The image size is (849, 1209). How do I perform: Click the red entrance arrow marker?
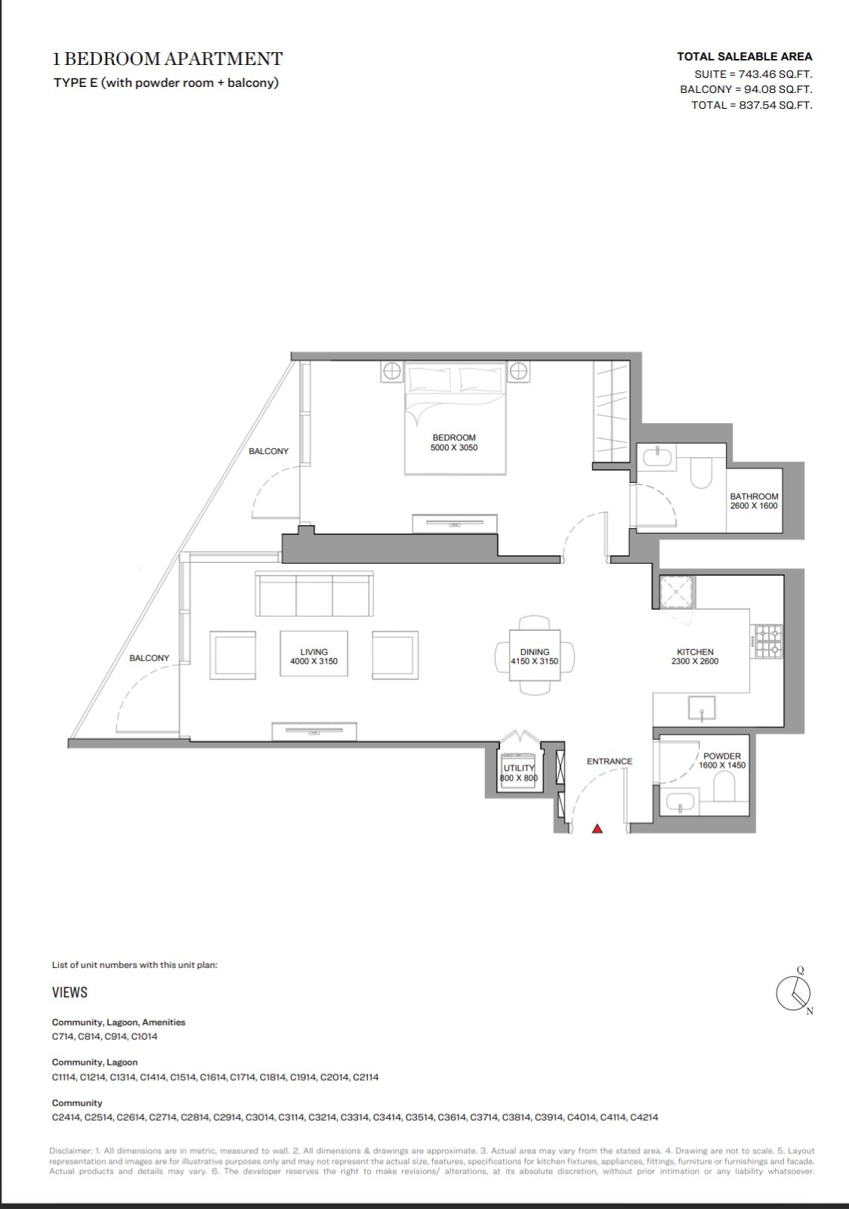(597, 828)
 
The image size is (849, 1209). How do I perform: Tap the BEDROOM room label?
(454, 438)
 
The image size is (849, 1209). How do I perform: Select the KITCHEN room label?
(695, 652)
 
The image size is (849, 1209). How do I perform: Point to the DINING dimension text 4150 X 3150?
(535, 661)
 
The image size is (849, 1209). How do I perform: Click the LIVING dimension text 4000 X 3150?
(314, 661)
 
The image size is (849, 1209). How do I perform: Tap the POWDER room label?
(722, 756)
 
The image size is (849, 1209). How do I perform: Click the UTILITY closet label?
(519, 768)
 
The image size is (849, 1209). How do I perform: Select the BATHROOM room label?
(754, 496)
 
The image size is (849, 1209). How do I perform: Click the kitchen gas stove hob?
(769, 642)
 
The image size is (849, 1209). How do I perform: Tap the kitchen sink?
(702, 708)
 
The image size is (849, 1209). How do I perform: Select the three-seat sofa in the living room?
(314, 594)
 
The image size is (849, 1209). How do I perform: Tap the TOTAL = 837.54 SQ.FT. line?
(752, 105)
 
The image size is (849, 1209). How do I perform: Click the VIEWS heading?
(69, 992)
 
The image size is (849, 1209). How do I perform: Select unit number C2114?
(366, 1078)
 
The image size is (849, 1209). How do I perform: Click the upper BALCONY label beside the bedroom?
(269, 451)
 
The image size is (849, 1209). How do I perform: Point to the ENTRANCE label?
(610, 762)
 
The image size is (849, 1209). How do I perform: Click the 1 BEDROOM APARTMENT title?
(168, 59)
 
